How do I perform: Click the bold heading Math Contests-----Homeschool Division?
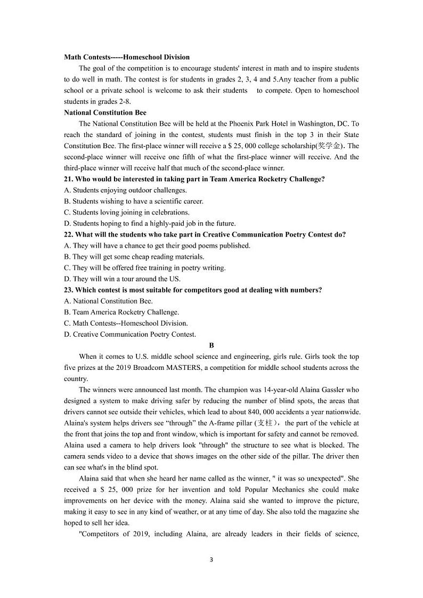(126, 57)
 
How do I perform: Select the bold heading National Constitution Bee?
(105, 112)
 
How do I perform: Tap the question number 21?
(69, 179)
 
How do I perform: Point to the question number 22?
(69, 235)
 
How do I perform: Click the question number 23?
(69, 290)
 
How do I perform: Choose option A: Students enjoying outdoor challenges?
(125, 190)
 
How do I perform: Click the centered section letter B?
(211, 345)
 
